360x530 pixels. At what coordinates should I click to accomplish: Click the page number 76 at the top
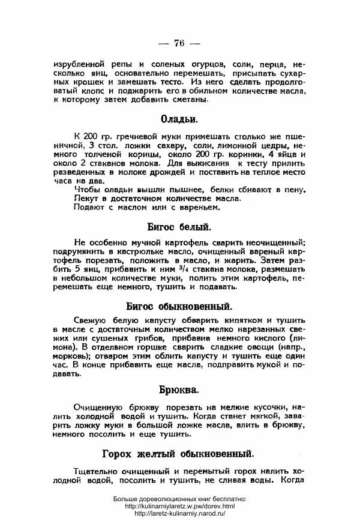pos(179,43)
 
